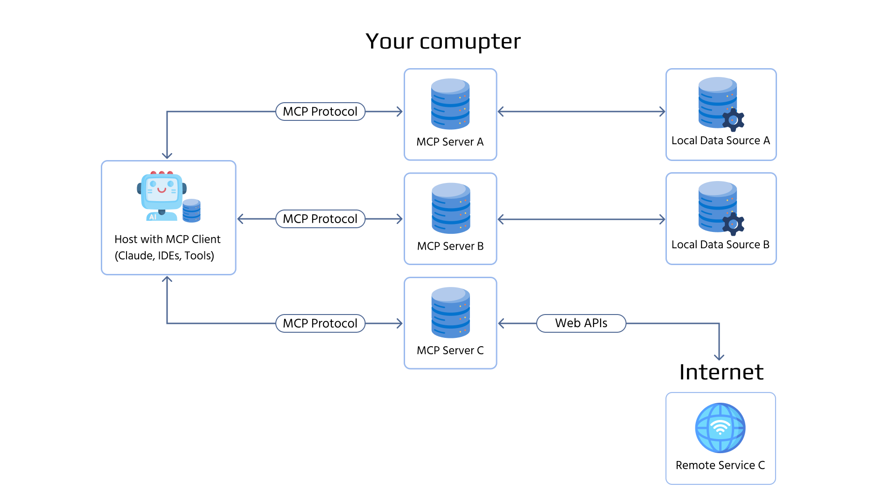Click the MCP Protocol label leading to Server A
pos(320,112)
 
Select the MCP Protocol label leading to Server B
pos(320,219)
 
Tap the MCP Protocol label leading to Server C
pos(320,323)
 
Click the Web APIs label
pos(581,323)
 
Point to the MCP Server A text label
pos(450,142)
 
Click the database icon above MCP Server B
pos(451,208)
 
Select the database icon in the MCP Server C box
pos(451,312)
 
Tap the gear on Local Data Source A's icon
pos(733,120)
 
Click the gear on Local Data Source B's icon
pos(733,224)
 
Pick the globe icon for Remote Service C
pos(720,427)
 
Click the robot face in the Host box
pos(161,191)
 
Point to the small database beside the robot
pos(191,210)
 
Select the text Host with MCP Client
pos(168,239)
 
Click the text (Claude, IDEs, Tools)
pos(164,256)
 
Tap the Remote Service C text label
pos(720,465)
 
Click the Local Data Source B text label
pos(720,245)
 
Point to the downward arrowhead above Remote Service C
pos(719,357)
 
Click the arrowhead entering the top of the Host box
pos(167,156)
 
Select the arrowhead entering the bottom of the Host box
pos(167,280)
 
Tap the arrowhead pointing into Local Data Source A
pos(662,112)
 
